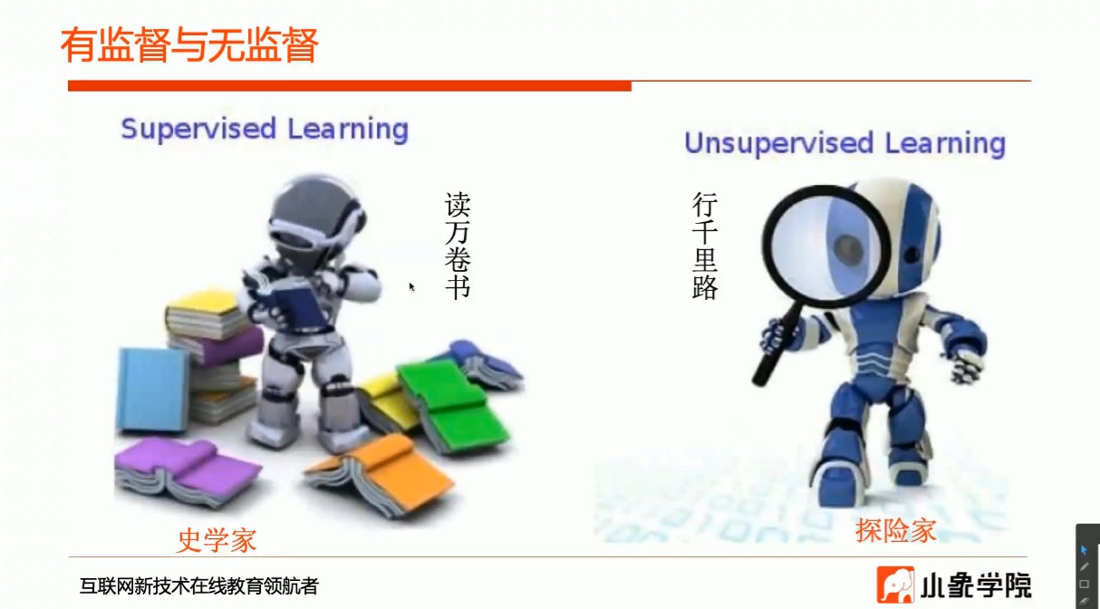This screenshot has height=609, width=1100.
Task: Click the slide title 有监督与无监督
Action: (x=189, y=44)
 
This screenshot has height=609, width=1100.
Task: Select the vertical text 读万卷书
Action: (x=458, y=245)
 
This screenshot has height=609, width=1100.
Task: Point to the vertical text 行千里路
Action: (x=705, y=246)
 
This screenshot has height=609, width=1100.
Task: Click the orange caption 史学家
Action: (x=217, y=540)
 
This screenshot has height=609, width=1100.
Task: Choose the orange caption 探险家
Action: (x=895, y=530)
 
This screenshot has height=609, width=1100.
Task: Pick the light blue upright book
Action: (x=151, y=389)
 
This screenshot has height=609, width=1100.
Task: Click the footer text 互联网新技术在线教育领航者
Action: (x=198, y=586)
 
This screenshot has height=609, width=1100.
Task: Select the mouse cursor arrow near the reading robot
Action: (x=411, y=286)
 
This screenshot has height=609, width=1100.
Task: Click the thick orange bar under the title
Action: (x=349, y=86)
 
